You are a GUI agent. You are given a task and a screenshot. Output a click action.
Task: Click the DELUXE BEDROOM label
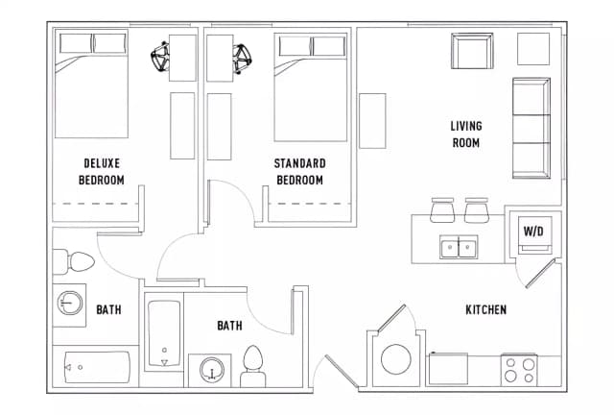pyautogui.click(x=102, y=171)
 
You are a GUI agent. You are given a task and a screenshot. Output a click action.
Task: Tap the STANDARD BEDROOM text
pyautogui.click(x=299, y=171)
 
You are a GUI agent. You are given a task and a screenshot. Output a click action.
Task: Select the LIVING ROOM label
pyautogui.click(x=465, y=134)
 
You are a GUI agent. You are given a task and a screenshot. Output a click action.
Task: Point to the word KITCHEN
pyautogui.click(x=485, y=310)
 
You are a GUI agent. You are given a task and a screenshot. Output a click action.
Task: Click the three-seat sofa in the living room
pyautogui.click(x=531, y=128)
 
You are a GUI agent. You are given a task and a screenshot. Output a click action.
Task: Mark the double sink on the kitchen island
pyautogui.click(x=460, y=248)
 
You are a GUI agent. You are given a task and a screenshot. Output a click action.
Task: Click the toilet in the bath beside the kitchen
pyautogui.click(x=253, y=366)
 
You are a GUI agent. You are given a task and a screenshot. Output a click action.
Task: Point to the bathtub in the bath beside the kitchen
pyautogui.click(x=164, y=333)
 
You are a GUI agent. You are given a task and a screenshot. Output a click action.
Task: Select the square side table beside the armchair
pyautogui.click(x=533, y=48)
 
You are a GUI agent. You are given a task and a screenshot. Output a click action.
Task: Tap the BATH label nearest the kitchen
pyautogui.click(x=229, y=326)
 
